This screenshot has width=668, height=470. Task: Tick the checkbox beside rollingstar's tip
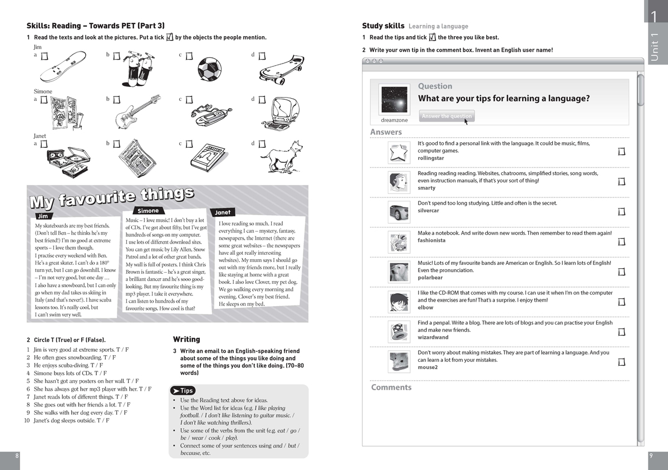point(621,152)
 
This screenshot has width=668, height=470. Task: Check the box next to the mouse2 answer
point(621,362)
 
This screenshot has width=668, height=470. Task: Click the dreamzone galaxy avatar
point(394,99)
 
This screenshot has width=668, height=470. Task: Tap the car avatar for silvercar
point(399,212)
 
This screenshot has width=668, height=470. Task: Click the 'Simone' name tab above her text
point(148,211)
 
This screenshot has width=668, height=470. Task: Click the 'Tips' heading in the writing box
point(183,391)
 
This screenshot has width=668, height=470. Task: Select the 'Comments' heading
point(391,387)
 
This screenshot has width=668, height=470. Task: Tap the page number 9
point(651,456)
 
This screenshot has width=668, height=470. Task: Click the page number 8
point(17,456)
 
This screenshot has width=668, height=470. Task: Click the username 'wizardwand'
point(433,337)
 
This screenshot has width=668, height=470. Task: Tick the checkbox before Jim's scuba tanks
point(117,56)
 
